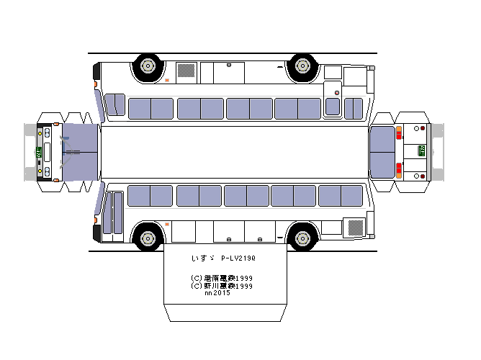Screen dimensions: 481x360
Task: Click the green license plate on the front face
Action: pyautogui.click(x=38, y=153)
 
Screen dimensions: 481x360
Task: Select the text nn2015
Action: pyautogui.click(x=217, y=293)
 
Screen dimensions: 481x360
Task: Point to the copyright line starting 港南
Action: pyautogui.click(x=221, y=278)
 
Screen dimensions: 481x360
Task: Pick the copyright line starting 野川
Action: pyautogui.click(x=221, y=286)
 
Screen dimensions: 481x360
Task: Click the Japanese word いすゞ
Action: pyautogui.click(x=199, y=258)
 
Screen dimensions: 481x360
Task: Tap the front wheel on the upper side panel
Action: pyautogui.click(x=148, y=67)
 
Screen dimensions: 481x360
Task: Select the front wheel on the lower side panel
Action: pyautogui.click(x=148, y=237)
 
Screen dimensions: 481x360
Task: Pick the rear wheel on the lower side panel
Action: pyautogui.click(x=302, y=237)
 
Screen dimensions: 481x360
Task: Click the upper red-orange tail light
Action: pyautogui.click(x=398, y=132)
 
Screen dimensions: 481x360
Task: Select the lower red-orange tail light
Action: pyautogui.click(x=398, y=171)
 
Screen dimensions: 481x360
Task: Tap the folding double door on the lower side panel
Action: pyautogui.click(x=113, y=212)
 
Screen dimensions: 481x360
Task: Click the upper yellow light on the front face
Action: pyautogui.click(x=40, y=133)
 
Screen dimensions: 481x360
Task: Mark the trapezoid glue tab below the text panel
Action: pyautogui.click(x=225, y=314)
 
